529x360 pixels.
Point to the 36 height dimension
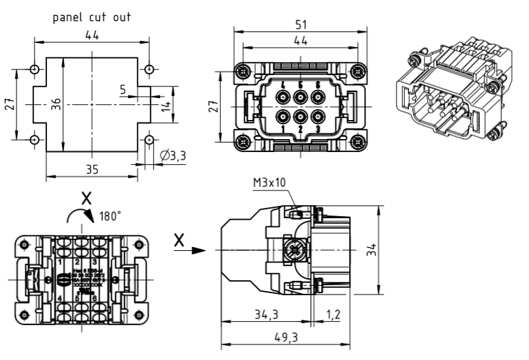click(56, 104)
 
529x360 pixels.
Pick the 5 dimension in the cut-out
click(123, 89)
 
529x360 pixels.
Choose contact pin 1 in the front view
click(284, 115)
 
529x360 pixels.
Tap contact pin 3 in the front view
click(316, 115)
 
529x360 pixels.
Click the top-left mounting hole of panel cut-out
click(34, 69)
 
